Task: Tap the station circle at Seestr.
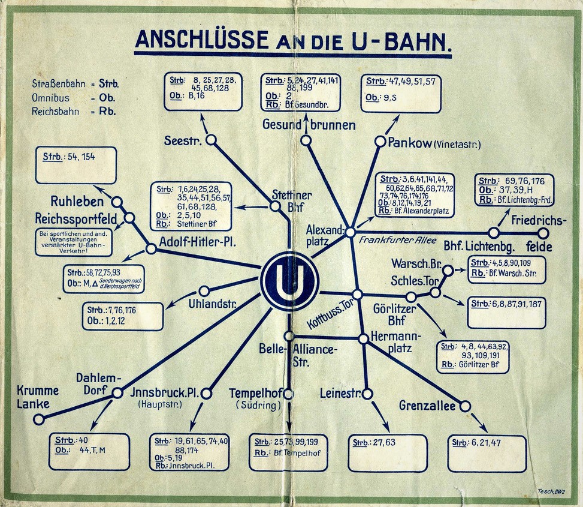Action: pos(211,140)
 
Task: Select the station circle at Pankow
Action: pos(380,142)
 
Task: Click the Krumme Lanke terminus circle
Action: pos(39,419)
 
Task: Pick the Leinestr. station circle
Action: pos(367,394)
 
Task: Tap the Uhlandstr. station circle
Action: pos(204,291)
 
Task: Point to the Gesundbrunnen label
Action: pos(309,125)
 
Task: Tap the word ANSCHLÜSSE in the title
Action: pos(201,39)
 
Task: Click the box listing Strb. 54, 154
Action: pos(75,165)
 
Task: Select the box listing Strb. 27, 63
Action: pos(388,453)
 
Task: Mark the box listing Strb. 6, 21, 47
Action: pos(487,453)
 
